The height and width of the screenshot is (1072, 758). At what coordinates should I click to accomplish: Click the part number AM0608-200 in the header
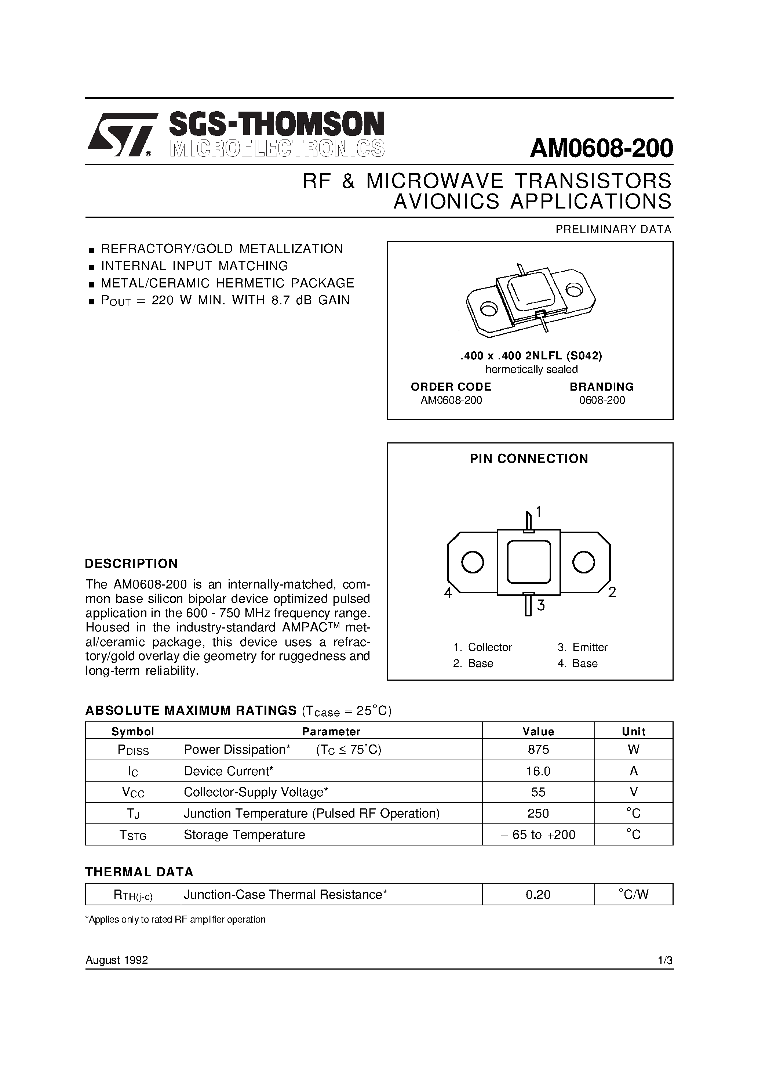coord(601,148)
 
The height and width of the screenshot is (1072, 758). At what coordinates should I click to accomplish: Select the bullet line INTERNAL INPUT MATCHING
coord(194,266)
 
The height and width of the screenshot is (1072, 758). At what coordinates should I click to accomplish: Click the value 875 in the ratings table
coord(538,750)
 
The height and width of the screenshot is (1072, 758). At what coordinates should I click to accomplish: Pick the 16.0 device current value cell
coord(538,771)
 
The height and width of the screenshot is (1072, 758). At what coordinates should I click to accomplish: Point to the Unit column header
coord(633,732)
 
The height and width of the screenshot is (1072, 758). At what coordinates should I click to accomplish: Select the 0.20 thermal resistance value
coord(538,895)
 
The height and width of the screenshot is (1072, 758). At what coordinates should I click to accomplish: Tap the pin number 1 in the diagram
coord(539,512)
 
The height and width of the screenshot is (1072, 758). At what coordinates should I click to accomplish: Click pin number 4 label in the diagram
coord(448,593)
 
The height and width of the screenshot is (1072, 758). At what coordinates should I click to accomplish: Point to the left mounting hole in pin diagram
coord(472,562)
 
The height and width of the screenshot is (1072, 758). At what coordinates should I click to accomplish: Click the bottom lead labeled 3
coord(528,605)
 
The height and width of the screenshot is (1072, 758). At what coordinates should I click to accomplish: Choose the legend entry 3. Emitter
coord(583,647)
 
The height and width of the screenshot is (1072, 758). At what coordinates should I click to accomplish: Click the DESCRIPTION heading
coord(131,564)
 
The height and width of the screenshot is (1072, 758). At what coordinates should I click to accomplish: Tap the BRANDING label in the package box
coord(602,387)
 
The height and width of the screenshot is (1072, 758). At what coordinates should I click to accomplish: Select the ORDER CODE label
coord(451,387)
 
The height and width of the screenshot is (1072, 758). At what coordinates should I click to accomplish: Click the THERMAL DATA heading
coord(139,872)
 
